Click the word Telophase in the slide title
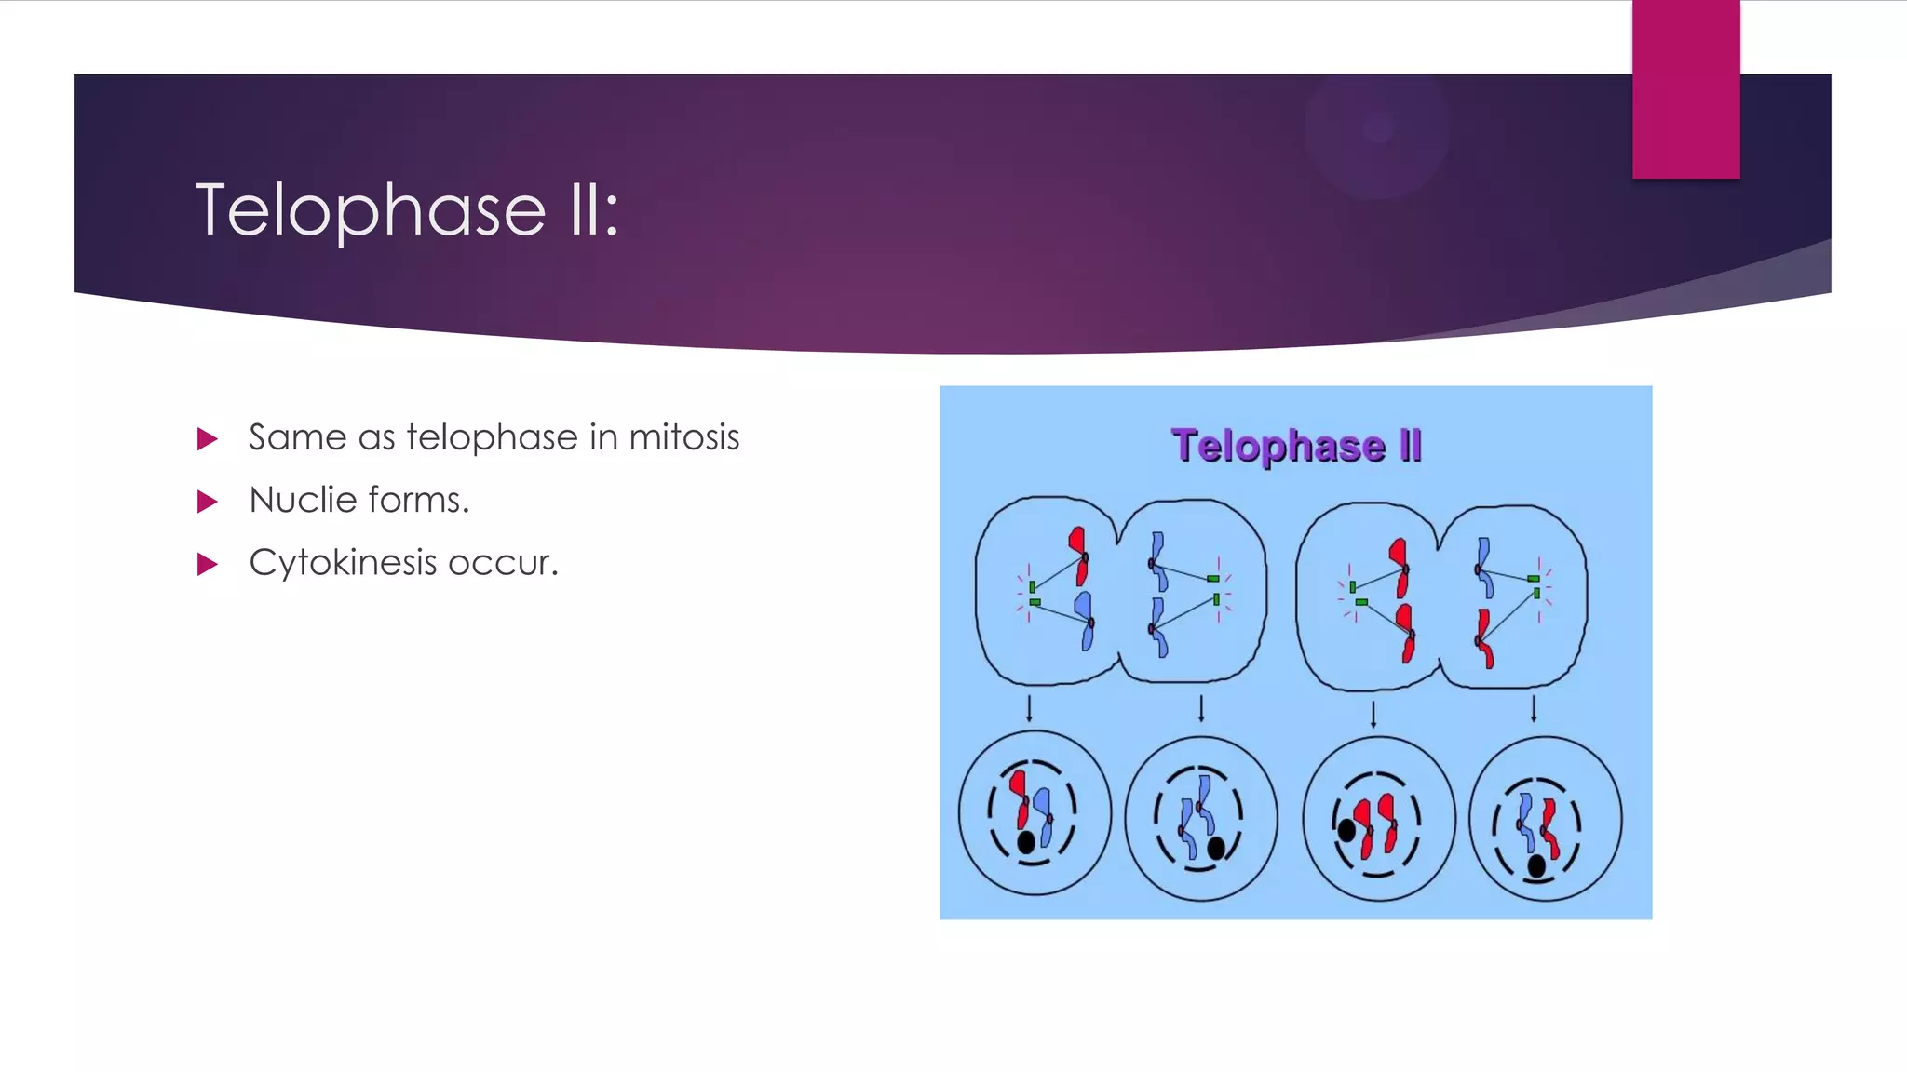pyautogui.click(x=371, y=210)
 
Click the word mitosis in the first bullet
pyautogui.click(x=683, y=437)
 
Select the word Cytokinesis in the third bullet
pyautogui.click(x=342, y=563)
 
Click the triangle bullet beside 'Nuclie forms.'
pyautogui.click(x=208, y=502)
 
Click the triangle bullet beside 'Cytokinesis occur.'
pyautogui.click(x=208, y=565)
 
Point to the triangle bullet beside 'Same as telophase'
pyautogui.click(x=208, y=439)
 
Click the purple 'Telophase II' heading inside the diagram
pyautogui.click(x=1295, y=446)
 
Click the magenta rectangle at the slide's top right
pyautogui.click(x=1685, y=89)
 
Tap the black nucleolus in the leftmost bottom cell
pyautogui.click(x=1026, y=843)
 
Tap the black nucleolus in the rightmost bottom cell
pyautogui.click(x=1536, y=866)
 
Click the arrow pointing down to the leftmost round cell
pyautogui.click(x=1029, y=708)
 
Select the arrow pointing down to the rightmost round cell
pyautogui.click(x=1534, y=708)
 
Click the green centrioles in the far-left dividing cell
pyautogui.click(x=1034, y=595)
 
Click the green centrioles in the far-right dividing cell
pyautogui.click(x=1535, y=585)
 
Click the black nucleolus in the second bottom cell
pyautogui.click(x=1215, y=848)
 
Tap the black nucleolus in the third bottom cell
pyautogui.click(x=1346, y=829)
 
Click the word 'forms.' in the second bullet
pyautogui.click(x=419, y=501)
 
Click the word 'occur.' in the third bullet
pyautogui.click(x=503, y=563)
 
